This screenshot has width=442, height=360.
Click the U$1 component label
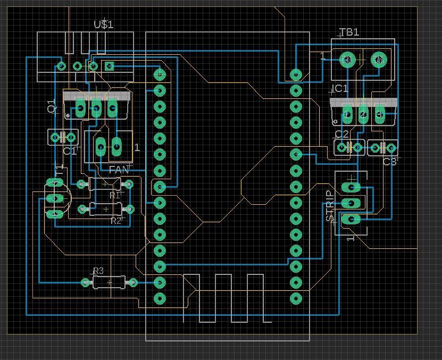[x=103, y=24]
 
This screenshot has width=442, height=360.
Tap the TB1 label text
[x=349, y=32]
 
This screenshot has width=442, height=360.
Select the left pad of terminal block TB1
[x=347, y=60]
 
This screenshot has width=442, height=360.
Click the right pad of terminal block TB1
[x=378, y=60]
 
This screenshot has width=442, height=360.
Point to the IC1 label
[x=340, y=89]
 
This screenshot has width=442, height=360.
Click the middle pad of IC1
[x=363, y=113]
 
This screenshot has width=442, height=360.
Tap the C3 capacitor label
[x=390, y=162]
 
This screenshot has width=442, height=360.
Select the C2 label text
[x=342, y=135]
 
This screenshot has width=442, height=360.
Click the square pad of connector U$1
[x=109, y=66]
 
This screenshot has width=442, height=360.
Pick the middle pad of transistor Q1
[x=96, y=108]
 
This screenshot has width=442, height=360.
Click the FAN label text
[x=119, y=170]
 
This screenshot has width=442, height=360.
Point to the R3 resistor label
[x=98, y=271]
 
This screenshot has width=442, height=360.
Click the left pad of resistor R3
[x=85, y=282]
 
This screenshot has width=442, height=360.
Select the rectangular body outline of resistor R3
[x=110, y=282]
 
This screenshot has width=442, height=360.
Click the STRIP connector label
[x=330, y=206]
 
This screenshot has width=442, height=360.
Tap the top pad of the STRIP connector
[x=351, y=187]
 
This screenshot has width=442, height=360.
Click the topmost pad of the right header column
[x=296, y=74]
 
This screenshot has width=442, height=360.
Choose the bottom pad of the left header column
[x=160, y=298]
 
